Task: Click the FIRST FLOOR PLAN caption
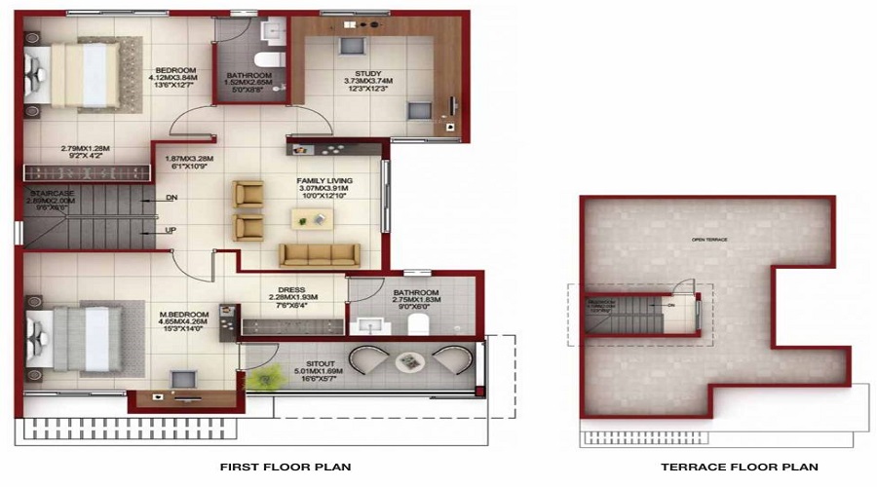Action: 286,468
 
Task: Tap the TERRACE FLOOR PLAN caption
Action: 739,468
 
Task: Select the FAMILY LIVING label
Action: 324,181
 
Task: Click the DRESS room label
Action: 291,290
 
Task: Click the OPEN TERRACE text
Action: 709,239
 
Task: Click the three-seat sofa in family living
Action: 319,254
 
